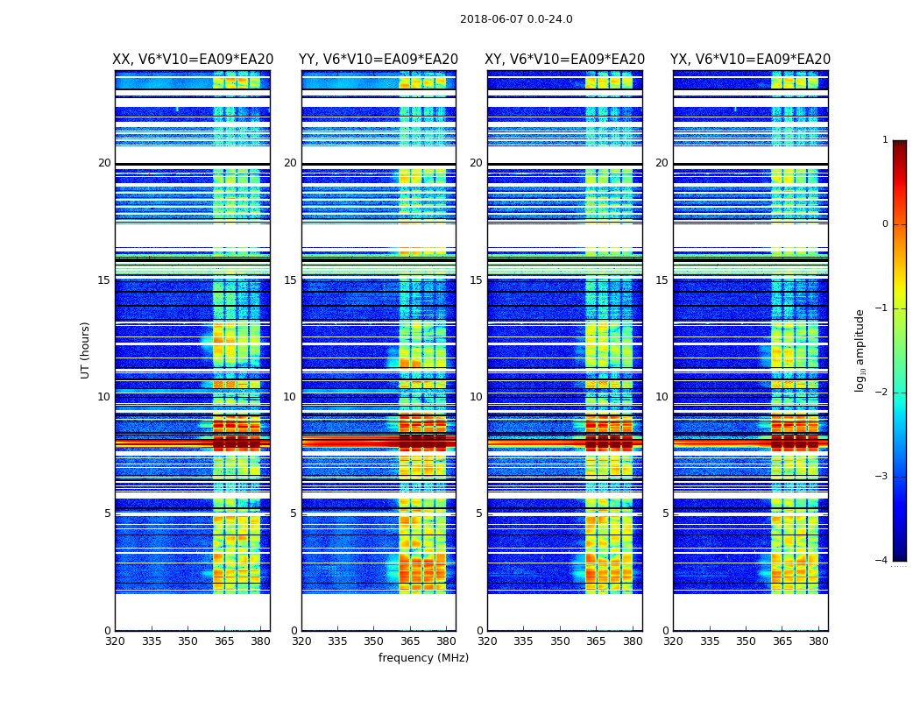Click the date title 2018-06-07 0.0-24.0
point(516,19)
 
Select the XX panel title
point(193,60)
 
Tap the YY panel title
point(379,60)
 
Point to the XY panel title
point(564,60)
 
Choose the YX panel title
point(750,60)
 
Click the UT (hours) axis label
point(86,350)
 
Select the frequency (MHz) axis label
point(423,658)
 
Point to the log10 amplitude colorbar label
point(860,350)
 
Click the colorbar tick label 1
point(884,140)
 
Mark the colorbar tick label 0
point(884,224)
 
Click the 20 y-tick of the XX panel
point(104,163)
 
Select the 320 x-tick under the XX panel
point(115,641)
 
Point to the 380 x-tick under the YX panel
point(818,641)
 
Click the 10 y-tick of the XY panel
point(475,397)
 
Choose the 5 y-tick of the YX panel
point(665,513)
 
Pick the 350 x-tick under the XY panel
point(560,641)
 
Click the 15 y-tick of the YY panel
point(289,280)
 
